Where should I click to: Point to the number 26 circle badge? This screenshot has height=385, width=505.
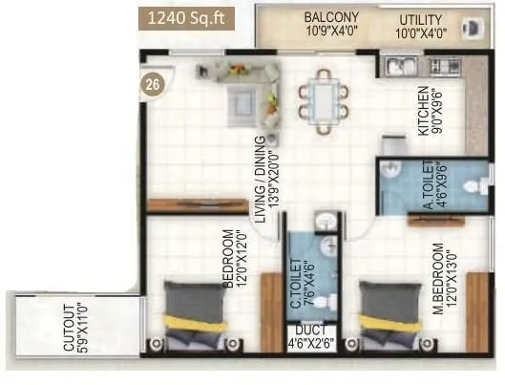tap(153, 83)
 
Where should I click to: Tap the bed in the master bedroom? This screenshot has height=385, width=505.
tap(390, 318)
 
